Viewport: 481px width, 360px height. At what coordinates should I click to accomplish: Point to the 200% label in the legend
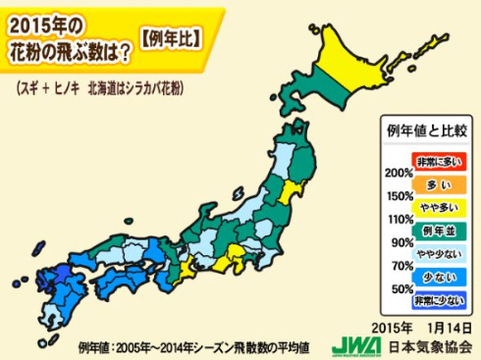pyautogui.click(x=397, y=173)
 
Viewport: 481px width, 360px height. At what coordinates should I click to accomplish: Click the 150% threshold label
pyautogui.click(x=397, y=195)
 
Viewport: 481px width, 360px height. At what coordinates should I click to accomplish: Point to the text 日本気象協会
pyautogui.click(x=424, y=346)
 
